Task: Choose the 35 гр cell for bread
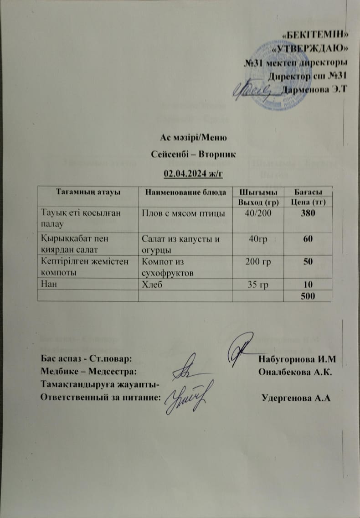257,285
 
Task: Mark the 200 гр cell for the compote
257,263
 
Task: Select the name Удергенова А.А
296,397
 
